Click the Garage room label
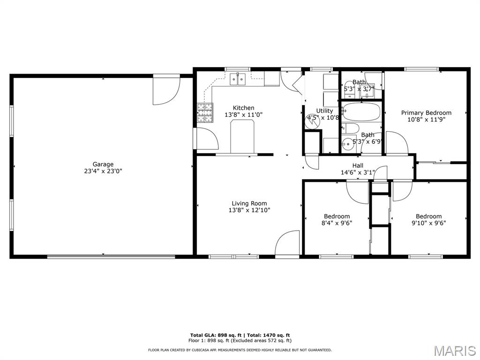(x=103, y=164)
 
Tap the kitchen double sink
(x=238, y=79)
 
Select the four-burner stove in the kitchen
(x=204, y=112)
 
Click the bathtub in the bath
(x=361, y=112)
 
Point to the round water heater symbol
(x=313, y=121)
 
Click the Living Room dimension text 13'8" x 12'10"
(x=249, y=210)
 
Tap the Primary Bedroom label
(x=426, y=112)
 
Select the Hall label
(x=358, y=165)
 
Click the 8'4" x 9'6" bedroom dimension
(x=337, y=223)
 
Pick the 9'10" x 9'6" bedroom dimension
(x=428, y=223)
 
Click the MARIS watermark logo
(x=454, y=351)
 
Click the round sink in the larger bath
(x=348, y=144)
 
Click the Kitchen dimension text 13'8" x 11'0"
(x=244, y=114)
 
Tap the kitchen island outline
(x=242, y=136)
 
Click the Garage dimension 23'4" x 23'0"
(x=103, y=171)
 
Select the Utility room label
(x=324, y=111)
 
